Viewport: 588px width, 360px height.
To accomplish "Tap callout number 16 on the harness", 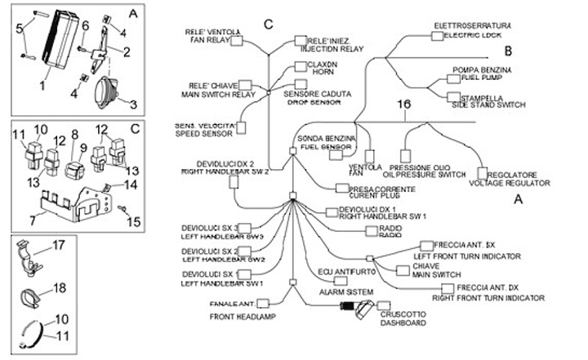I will click(400, 105).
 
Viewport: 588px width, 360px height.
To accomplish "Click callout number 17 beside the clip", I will click(59, 244).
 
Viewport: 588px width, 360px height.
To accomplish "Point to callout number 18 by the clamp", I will click(59, 287).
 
